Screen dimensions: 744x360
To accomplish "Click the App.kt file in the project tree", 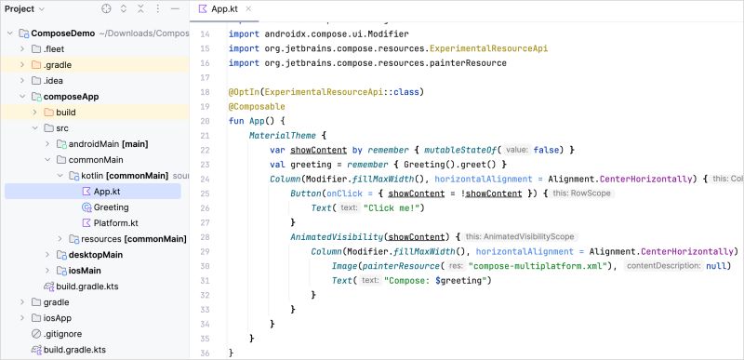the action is click(x=107, y=191).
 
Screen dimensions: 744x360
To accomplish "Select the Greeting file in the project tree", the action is click(x=111, y=207).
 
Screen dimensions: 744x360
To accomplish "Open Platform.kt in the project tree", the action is click(x=115, y=223).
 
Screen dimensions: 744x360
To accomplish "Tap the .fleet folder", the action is click(x=54, y=48).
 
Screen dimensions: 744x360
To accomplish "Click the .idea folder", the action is click(x=53, y=80).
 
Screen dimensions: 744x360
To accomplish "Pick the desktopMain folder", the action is click(x=96, y=254).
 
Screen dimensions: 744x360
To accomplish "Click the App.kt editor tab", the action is click(x=224, y=8).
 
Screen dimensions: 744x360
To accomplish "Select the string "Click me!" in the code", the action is click(x=395, y=207).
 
